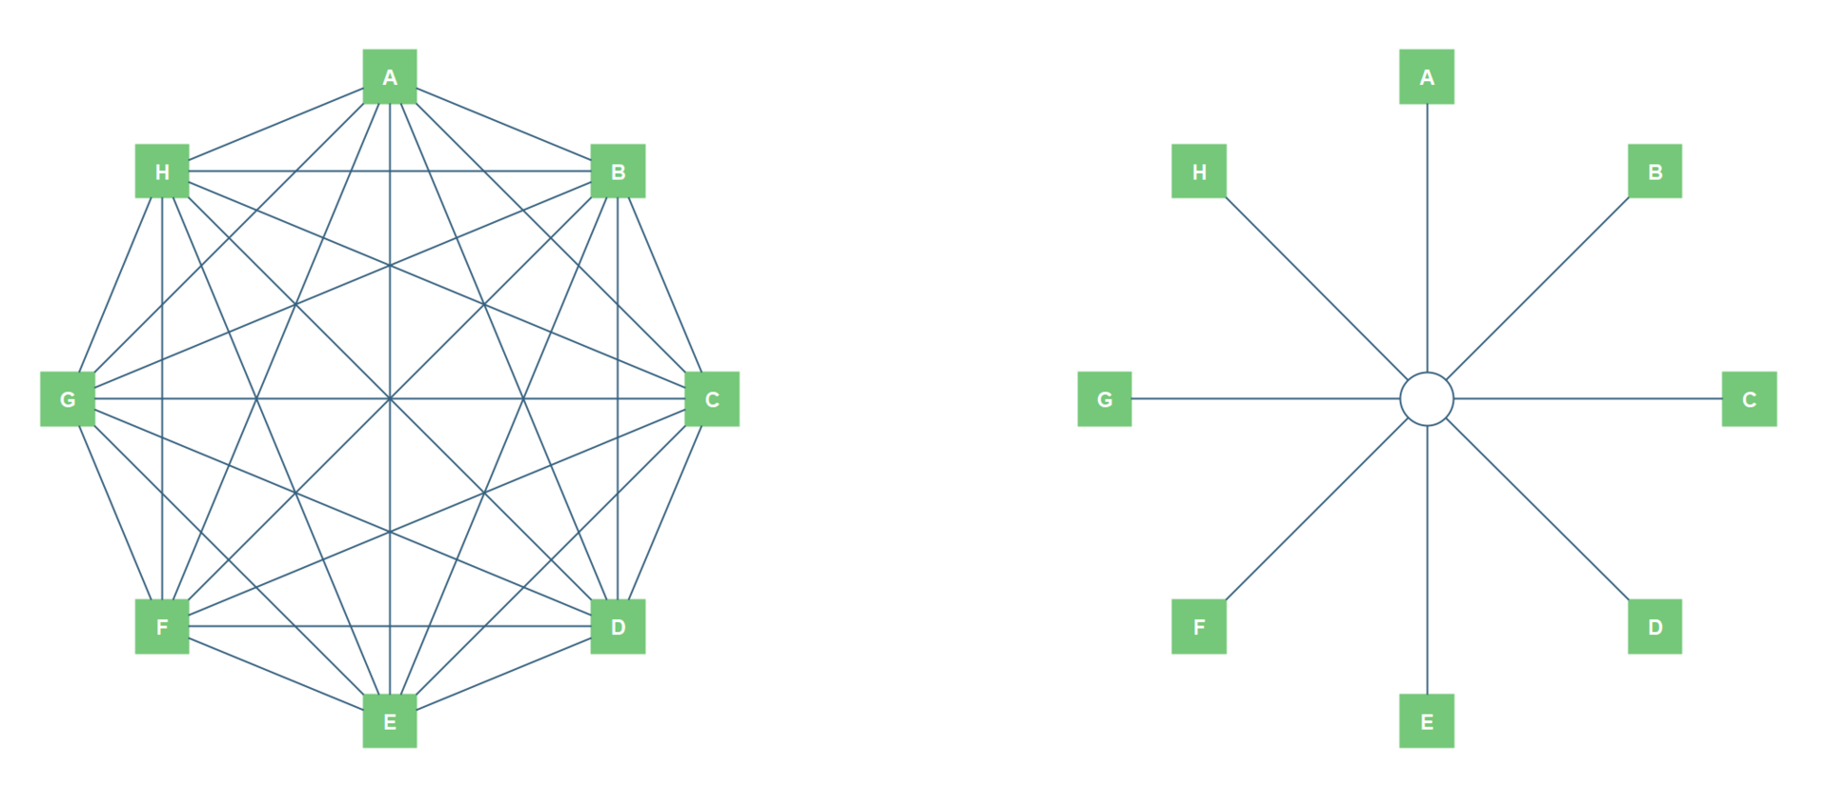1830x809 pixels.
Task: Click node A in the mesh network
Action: tap(390, 76)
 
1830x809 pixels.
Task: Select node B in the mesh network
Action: tap(618, 172)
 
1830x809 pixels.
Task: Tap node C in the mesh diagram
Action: tap(712, 398)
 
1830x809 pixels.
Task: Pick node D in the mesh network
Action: tap(618, 626)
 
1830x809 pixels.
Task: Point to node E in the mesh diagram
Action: tap(390, 720)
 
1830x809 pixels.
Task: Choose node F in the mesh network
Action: tap(162, 626)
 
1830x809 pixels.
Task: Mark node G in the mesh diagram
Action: tap(68, 398)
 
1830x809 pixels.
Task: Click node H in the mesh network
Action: tap(162, 172)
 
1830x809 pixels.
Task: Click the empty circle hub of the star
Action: tap(1427, 398)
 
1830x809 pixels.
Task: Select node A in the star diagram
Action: tap(1427, 76)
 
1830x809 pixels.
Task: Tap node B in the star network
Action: tap(1655, 172)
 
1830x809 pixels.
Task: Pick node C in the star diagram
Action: tap(1749, 398)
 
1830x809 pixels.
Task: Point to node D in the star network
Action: tap(1655, 626)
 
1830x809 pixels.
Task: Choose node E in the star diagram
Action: tap(1427, 720)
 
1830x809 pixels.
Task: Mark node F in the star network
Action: tap(1199, 626)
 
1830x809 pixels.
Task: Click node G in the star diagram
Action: tap(1105, 398)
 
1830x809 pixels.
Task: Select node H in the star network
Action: tap(1199, 172)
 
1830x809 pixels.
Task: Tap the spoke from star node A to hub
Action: tap(1427, 238)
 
